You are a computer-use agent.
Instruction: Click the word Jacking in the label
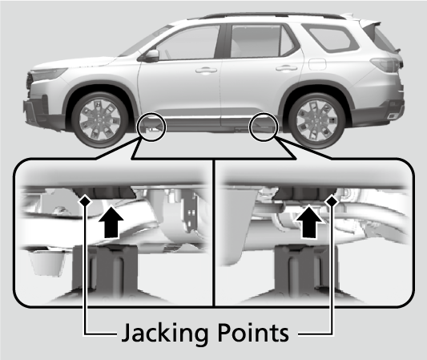click(164, 333)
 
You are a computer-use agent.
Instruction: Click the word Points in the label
click(253, 333)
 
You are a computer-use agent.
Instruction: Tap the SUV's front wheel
click(100, 120)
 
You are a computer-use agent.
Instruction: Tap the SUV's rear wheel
click(316, 121)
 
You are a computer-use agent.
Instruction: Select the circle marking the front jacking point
click(151, 114)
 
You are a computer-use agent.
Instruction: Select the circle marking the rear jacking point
click(263, 114)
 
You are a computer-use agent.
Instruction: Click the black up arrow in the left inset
click(111, 222)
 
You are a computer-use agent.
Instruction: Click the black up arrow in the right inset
click(309, 222)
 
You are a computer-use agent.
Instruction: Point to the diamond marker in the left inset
click(85, 201)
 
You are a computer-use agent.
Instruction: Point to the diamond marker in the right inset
click(332, 201)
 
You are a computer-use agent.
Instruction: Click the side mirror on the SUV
click(151, 55)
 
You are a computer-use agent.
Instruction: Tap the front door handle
click(206, 71)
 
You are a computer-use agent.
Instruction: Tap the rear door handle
click(286, 68)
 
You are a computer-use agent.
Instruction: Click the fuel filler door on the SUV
click(317, 64)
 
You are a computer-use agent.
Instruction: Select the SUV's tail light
click(387, 65)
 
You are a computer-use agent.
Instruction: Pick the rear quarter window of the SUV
click(330, 38)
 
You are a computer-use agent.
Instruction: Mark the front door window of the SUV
click(188, 42)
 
